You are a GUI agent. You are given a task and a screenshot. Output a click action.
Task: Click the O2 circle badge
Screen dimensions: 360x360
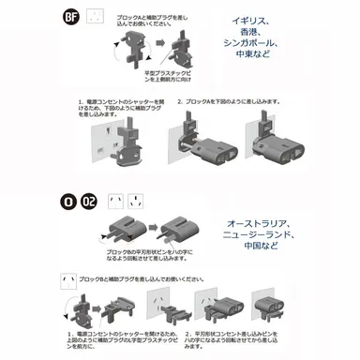click(89, 199)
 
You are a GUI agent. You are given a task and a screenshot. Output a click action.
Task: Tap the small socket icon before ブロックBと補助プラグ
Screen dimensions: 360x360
click(67, 279)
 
